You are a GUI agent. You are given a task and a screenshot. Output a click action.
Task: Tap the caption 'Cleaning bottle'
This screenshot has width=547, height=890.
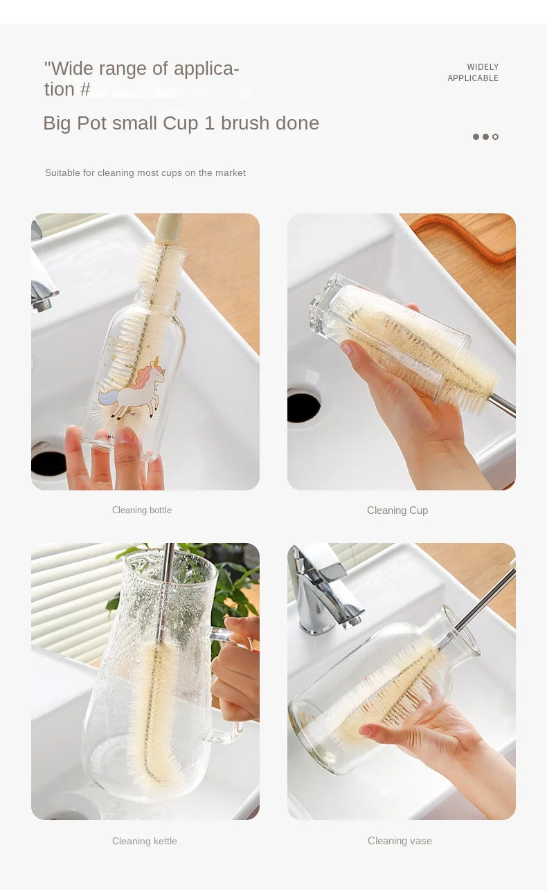(x=142, y=510)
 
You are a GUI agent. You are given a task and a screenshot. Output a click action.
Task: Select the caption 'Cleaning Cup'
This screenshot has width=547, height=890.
(x=397, y=510)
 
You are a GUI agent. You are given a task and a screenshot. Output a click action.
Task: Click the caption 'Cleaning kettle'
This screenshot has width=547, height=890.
(x=145, y=841)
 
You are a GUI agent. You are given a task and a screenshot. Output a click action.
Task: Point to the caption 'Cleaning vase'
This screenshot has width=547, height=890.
(x=400, y=841)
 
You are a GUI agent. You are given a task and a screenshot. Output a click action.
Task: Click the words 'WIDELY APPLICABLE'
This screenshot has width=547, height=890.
(x=473, y=73)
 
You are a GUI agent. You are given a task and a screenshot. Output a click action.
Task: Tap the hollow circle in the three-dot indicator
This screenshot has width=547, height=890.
(x=495, y=136)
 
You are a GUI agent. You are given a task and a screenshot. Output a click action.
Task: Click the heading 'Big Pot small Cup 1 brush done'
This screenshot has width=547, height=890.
(x=181, y=123)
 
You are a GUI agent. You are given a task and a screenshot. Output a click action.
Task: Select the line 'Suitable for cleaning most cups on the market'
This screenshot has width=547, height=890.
(x=145, y=172)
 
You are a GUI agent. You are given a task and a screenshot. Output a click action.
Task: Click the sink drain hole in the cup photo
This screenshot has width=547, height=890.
(x=303, y=408)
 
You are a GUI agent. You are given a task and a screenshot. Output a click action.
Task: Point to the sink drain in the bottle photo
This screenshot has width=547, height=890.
(x=48, y=463)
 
